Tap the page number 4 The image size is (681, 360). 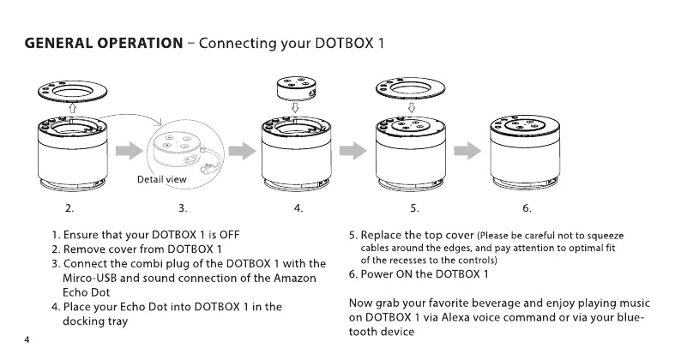coord(27,341)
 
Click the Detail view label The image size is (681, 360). coord(161,180)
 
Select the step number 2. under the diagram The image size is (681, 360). coord(69,208)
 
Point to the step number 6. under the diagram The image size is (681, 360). coord(527,208)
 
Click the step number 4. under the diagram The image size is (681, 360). coord(298,208)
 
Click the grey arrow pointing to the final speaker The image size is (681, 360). coord(467,152)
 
